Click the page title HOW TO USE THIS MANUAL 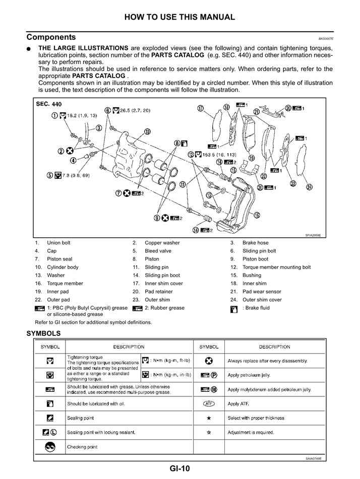pos(179,17)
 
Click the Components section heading pos(51,37)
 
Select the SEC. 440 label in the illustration pos(49,104)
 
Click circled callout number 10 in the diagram pos(147,132)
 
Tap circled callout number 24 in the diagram pos(309,188)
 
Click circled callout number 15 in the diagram pos(257,215)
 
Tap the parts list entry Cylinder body pos(63,267)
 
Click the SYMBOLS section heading pos(43,333)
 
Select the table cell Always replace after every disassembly pos(267,361)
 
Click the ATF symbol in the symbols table pos(209,404)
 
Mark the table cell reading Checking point pos(82,447)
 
